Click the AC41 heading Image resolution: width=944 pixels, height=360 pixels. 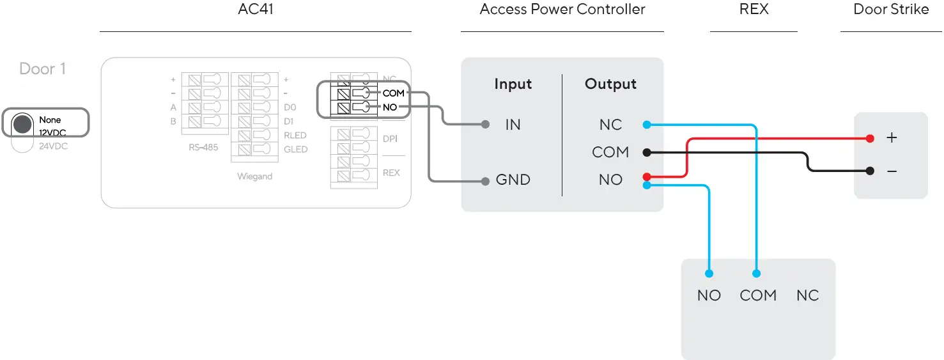pos(256,10)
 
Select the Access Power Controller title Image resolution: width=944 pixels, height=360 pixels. pos(562,10)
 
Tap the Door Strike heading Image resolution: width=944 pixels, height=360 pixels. pos(891,10)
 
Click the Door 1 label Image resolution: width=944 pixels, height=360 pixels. pos(43,68)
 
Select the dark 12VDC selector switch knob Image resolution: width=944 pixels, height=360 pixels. pos(22,124)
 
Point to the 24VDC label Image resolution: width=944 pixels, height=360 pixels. pos(53,146)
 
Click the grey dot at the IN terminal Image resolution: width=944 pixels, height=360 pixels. pos(486,124)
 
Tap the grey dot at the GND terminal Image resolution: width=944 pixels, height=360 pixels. pos(486,181)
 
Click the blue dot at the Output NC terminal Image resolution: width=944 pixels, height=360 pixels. pos(647,124)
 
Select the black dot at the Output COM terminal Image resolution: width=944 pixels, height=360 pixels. pos(647,152)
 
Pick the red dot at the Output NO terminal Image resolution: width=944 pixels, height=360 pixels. pos(647,176)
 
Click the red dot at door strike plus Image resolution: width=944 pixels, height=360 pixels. pos(870,138)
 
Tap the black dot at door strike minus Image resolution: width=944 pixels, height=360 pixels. pos(870,171)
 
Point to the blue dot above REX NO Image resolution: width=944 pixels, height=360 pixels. pos(709,274)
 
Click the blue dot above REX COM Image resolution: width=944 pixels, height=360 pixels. pos(757,274)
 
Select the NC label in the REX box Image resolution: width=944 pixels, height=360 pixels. pos(807,295)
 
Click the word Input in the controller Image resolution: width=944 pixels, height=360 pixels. pos(513,84)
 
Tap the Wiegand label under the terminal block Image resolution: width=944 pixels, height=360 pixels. pos(254,176)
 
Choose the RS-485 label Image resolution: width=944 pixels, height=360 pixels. pos(203,147)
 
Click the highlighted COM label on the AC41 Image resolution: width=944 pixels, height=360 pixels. pos(393,93)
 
